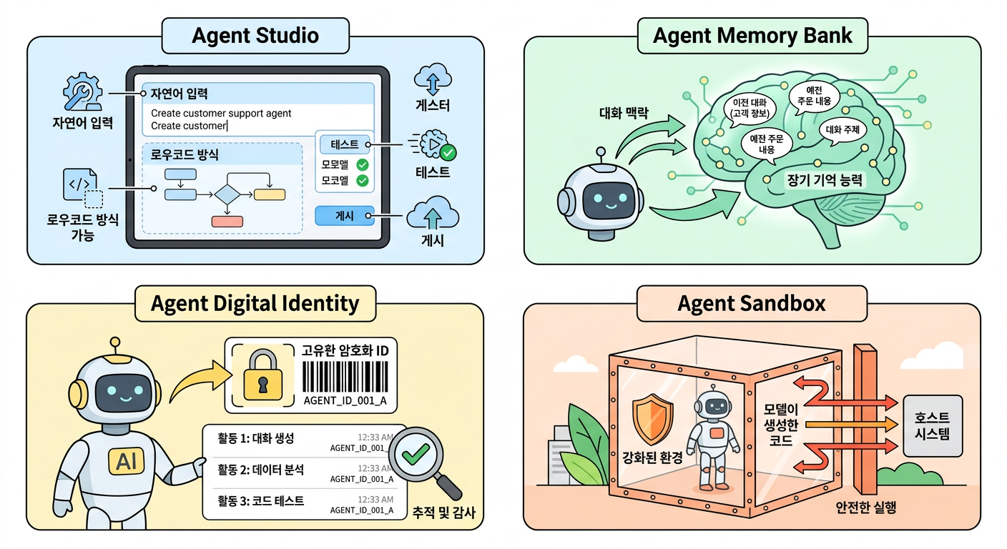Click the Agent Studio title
click(255, 36)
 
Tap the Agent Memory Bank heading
click(752, 36)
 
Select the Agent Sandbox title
click(751, 303)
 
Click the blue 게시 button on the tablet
click(345, 215)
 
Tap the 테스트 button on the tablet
click(345, 144)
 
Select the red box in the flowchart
click(227, 221)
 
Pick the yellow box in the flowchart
click(269, 194)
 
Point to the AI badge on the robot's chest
click(127, 463)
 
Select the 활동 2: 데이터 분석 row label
click(261, 470)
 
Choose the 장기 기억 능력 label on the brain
click(824, 181)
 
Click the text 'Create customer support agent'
click(221, 113)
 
